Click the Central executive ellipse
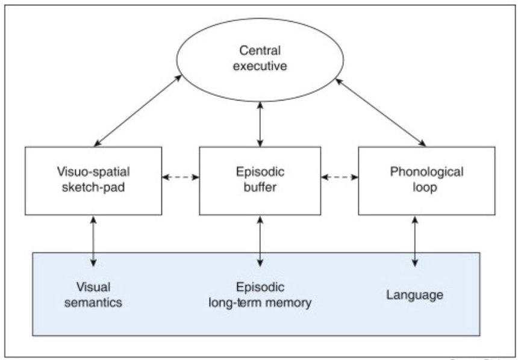tap(260, 63)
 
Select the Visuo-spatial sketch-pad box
tap(94, 179)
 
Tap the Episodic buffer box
tap(260, 179)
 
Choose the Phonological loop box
tap(426, 179)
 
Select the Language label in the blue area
tap(414, 295)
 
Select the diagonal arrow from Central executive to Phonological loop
tap(381, 111)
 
